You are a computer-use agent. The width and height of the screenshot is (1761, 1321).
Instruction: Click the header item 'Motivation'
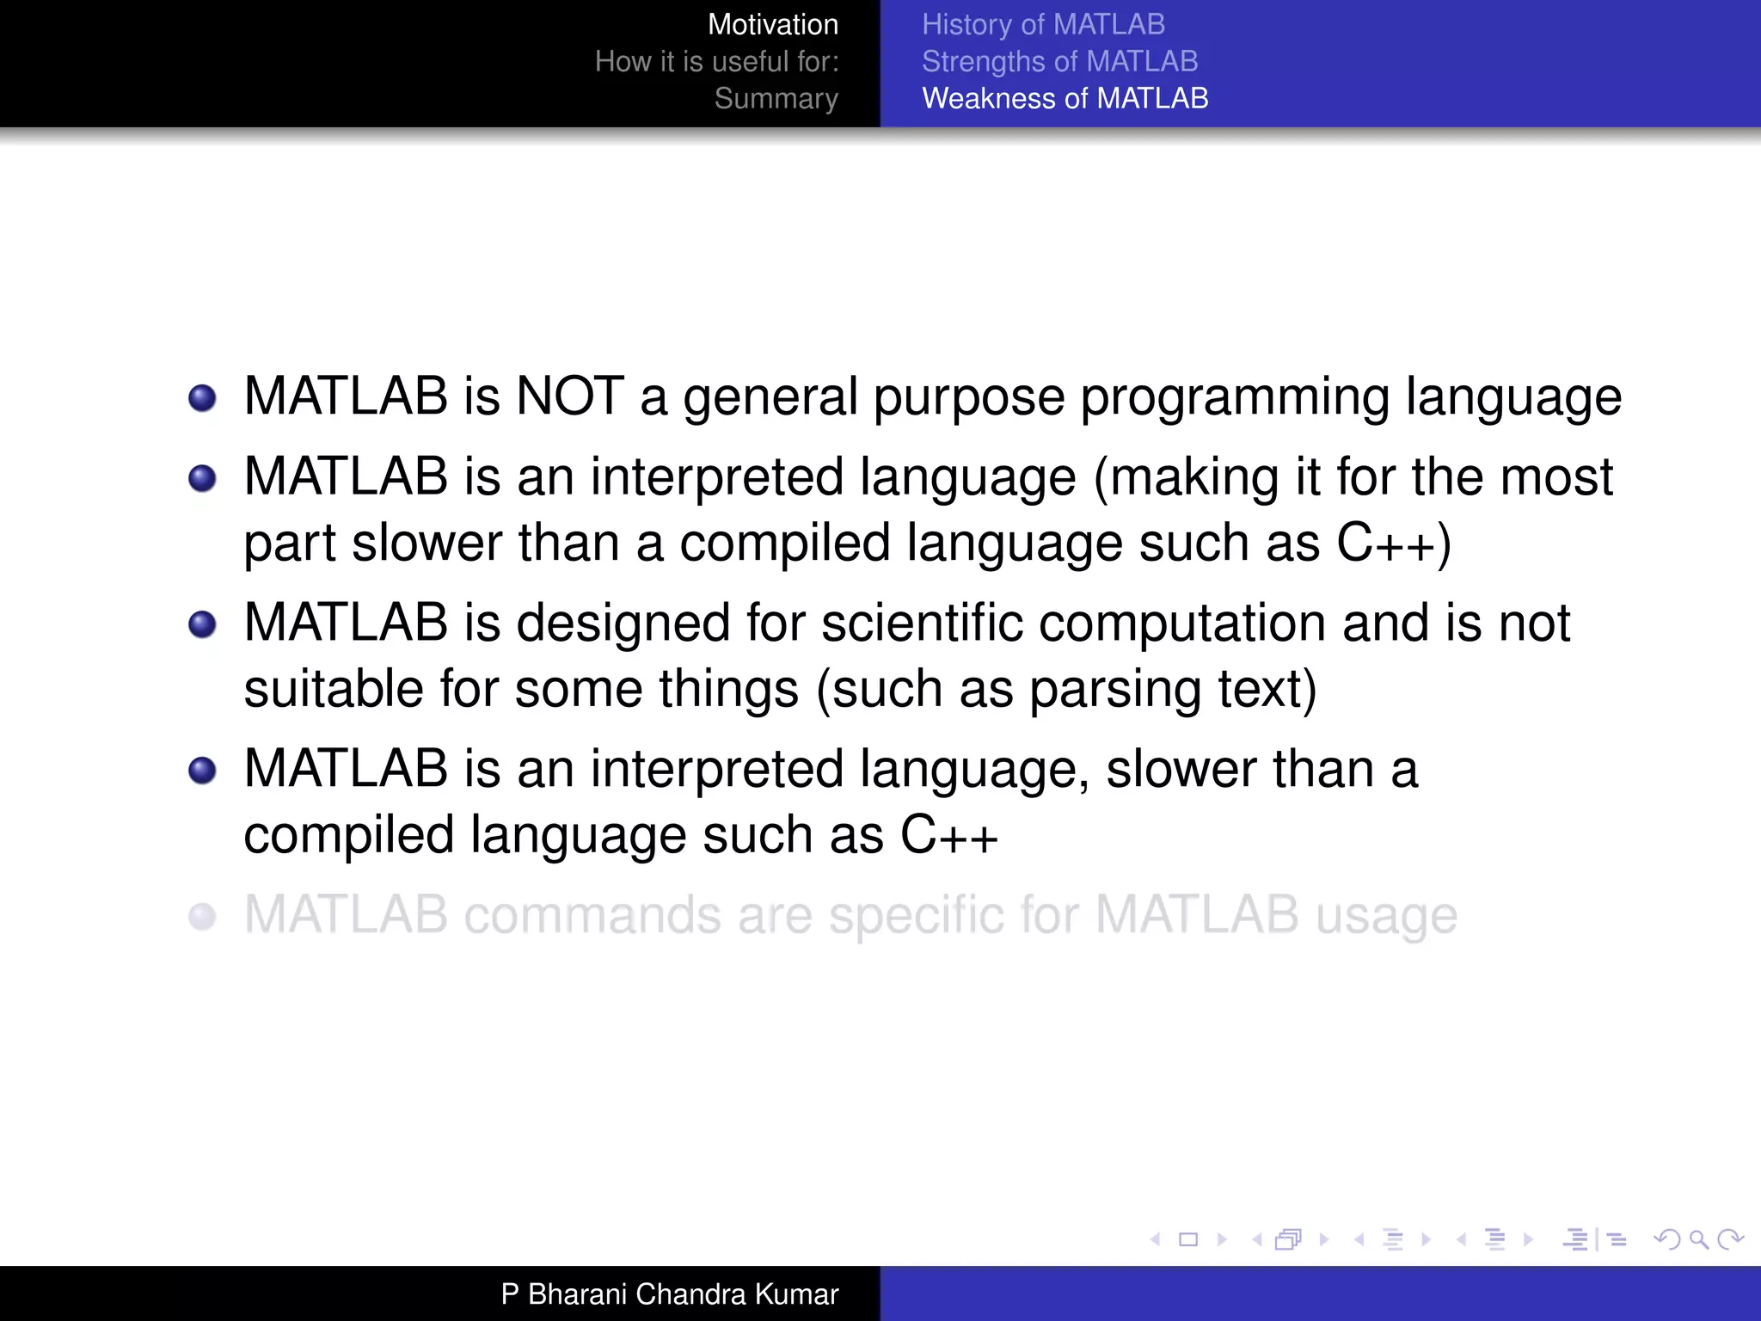pyautogui.click(x=772, y=25)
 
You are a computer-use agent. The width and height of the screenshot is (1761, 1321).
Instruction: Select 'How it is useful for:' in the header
pyautogui.click(x=716, y=62)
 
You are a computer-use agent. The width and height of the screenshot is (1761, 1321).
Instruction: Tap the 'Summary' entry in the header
pyautogui.click(x=776, y=99)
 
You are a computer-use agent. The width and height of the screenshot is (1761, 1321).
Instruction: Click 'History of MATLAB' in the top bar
pyautogui.click(x=1043, y=25)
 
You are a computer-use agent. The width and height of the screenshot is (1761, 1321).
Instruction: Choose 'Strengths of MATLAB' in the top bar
pyautogui.click(x=1059, y=62)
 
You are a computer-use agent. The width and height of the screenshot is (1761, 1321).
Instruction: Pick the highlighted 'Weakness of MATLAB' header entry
pyautogui.click(x=1065, y=99)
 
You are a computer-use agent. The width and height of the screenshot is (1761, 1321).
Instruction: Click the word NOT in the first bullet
pyautogui.click(x=569, y=396)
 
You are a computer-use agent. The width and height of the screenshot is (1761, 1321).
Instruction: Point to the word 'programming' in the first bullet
pyautogui.click(x=1235, y=398)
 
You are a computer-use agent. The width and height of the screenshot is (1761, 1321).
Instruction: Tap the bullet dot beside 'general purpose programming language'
pyautogui.click(x=202, y=398)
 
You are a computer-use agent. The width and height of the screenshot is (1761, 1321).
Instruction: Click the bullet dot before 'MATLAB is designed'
pyautogui.click(x=202, y=624)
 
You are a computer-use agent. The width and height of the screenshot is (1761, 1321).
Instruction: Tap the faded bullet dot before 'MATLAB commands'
pyautogui.click(x=202, y=916)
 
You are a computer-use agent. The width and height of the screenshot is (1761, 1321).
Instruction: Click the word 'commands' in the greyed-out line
pyautogui.click(x=592, y=915)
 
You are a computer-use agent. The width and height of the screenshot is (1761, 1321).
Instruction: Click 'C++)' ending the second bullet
pyautogui.click(x=1394, y=544)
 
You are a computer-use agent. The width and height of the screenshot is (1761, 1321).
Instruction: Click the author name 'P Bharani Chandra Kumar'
pyautogui.click(x=669, y=1294)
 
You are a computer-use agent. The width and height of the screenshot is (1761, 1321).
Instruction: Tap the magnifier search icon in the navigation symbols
pyautogui.click(x=1698, y=1239)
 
